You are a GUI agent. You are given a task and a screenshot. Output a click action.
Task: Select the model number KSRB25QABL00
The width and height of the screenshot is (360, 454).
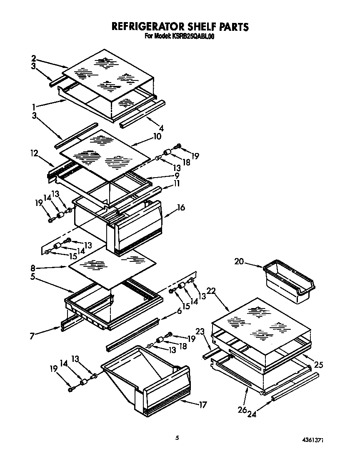tap(192, 36)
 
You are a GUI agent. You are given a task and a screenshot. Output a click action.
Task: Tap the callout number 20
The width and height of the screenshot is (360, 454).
tap(239, 261)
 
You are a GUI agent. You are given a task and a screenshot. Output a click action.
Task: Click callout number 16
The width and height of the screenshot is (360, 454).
tap(181, 207)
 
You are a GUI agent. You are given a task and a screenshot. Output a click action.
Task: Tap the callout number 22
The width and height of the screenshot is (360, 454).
tap(211, 292)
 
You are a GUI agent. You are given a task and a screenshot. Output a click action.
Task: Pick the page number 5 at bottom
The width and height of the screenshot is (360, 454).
tap(177, 437)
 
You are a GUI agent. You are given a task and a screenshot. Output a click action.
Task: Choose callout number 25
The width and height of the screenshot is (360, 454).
tap(318, 365)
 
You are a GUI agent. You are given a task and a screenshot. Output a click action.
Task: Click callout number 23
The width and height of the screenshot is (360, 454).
tap(200, 332)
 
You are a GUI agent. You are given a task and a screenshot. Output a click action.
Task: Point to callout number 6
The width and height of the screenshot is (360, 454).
tap(179, 311)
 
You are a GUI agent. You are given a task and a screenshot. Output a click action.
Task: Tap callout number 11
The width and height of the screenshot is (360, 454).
tap(177, 183)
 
